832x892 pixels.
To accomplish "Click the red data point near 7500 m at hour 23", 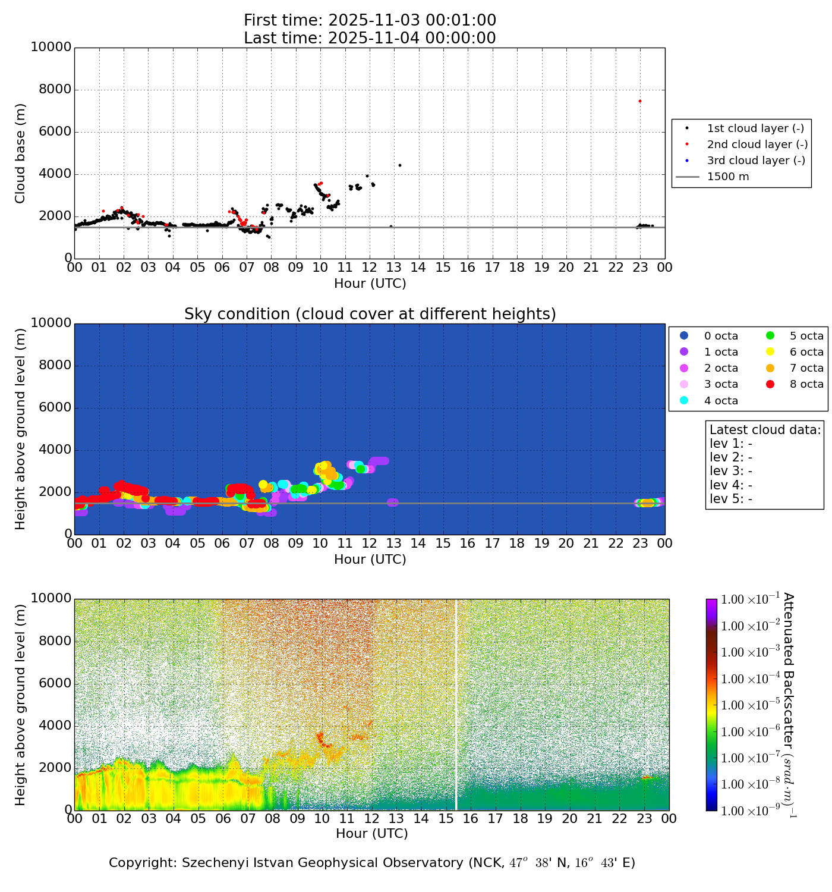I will coord(639,101).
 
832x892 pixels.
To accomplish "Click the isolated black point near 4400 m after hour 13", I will coord(400,165).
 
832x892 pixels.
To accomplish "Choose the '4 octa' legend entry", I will coord(721,401).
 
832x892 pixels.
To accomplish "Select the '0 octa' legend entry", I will coord(721,336).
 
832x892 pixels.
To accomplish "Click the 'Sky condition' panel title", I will coord(370,314).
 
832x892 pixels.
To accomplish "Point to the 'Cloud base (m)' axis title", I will coord(21,153).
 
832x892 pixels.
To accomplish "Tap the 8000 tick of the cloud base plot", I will coord(55,90).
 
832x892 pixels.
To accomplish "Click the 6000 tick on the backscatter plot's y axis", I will coord(55,683).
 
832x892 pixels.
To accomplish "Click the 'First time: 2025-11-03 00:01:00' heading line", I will coord(370,21).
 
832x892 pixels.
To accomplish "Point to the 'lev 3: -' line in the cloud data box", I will coord(731,471).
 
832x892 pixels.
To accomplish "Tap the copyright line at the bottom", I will coord(372,863).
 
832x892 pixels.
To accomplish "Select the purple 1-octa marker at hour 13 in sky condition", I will coord(392,502).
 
